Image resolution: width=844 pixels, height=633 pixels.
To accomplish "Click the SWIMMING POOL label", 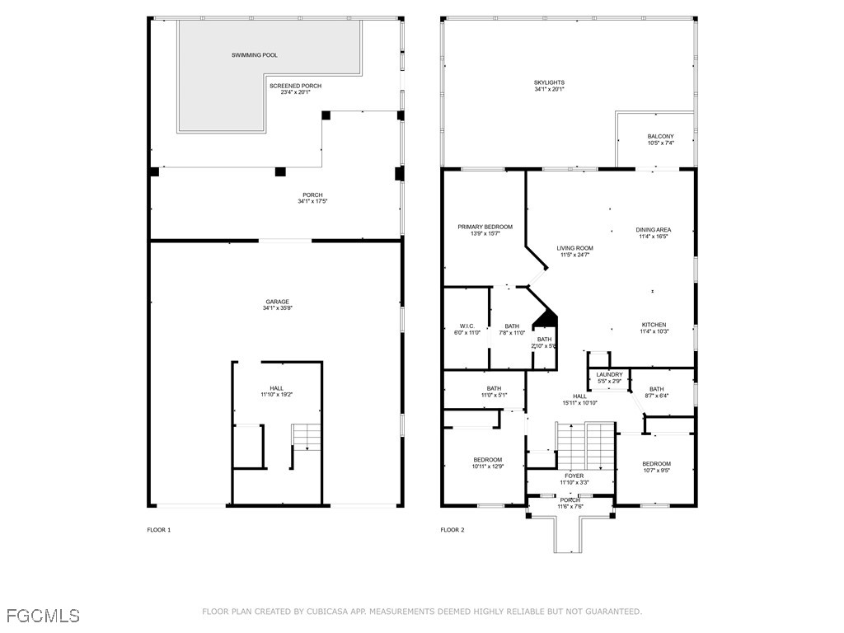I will click(254, 55).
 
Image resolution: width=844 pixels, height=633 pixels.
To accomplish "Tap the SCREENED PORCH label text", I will click(295, 86).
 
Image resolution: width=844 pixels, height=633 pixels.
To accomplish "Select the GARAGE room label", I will click(276, 302).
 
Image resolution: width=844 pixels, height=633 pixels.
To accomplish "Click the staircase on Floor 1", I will click(306, 436).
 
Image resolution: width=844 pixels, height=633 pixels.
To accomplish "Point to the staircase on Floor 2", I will click(586, 445).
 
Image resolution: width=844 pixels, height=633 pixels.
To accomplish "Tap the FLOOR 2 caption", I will click(452, 530).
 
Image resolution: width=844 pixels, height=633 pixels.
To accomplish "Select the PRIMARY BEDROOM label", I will click(485, 227).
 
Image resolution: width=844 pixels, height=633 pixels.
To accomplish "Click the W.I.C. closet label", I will click(467, 326).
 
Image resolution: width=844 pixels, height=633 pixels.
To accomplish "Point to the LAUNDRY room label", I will click(610, 374).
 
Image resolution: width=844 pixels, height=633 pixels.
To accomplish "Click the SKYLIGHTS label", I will click(549, 82).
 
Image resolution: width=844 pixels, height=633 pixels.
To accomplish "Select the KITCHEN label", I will click(654, 325).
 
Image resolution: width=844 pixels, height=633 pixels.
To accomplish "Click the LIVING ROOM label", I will click(574, 248).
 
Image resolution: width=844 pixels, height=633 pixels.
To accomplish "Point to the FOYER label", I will click(574, 476).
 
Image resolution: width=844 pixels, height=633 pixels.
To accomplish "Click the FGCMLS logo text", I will click(43, 616).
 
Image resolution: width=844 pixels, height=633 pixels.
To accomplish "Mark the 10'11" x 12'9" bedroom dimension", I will click(487, 467).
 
